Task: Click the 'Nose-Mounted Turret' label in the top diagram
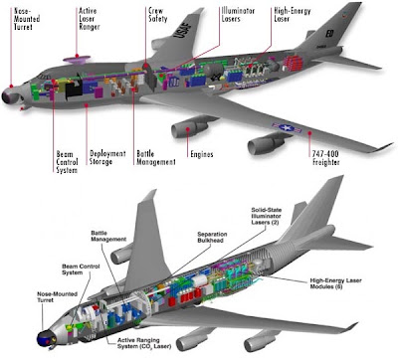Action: (x=27, y=19)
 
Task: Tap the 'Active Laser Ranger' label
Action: (x=89, y=19)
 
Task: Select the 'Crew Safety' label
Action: (x=157, y=15)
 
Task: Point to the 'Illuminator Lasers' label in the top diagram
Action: (x=238, y=15)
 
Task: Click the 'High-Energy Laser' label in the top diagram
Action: (x=293, y=15)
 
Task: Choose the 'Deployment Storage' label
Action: (x=107, y=158)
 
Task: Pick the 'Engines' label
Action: (x=202, y=154)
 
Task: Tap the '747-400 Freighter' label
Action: (x=325, y=158)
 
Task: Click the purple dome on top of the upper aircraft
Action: (x=77, y=60)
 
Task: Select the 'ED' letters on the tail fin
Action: (x=329, y=34)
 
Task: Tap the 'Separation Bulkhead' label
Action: (x=212, y=238)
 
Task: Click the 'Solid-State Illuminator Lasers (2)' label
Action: (x=266, y=216)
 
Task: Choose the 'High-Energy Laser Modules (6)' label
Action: (x=335, y=283)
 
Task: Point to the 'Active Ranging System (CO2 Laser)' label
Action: (x=144, y=343)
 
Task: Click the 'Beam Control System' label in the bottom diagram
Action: (x=81, y=270)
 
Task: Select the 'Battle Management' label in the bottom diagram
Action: (x=108, y=236)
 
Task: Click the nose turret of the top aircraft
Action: (x=9, y=96)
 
